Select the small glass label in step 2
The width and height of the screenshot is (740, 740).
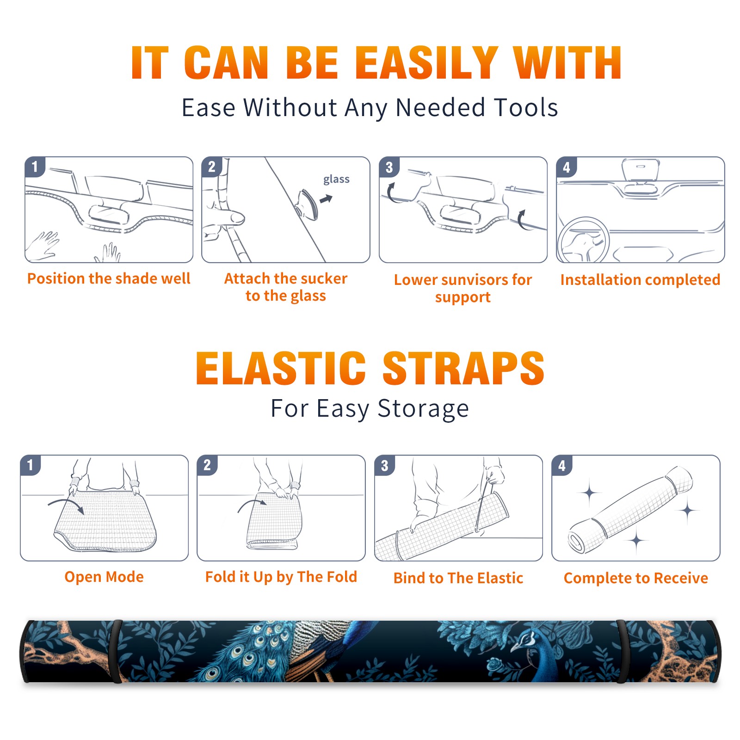point(336,179)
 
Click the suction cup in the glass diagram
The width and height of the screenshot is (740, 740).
point(307,204)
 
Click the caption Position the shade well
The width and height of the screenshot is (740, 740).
point(109,278)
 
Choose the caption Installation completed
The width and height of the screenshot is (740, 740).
point(640,280)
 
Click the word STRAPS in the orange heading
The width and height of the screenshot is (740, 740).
point(463,368)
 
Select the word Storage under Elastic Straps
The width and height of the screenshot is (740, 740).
point(423,409)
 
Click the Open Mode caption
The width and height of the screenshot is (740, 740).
point(104,577)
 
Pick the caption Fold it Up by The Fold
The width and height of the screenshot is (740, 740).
point(281,577)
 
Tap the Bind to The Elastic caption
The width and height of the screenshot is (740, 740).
point(458,578)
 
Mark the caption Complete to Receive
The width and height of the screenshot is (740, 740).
point(636,578)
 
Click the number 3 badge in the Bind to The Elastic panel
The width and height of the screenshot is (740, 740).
point(385,465)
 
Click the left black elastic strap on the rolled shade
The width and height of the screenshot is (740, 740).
point(116,651)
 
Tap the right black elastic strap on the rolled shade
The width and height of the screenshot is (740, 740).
point(621,651)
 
